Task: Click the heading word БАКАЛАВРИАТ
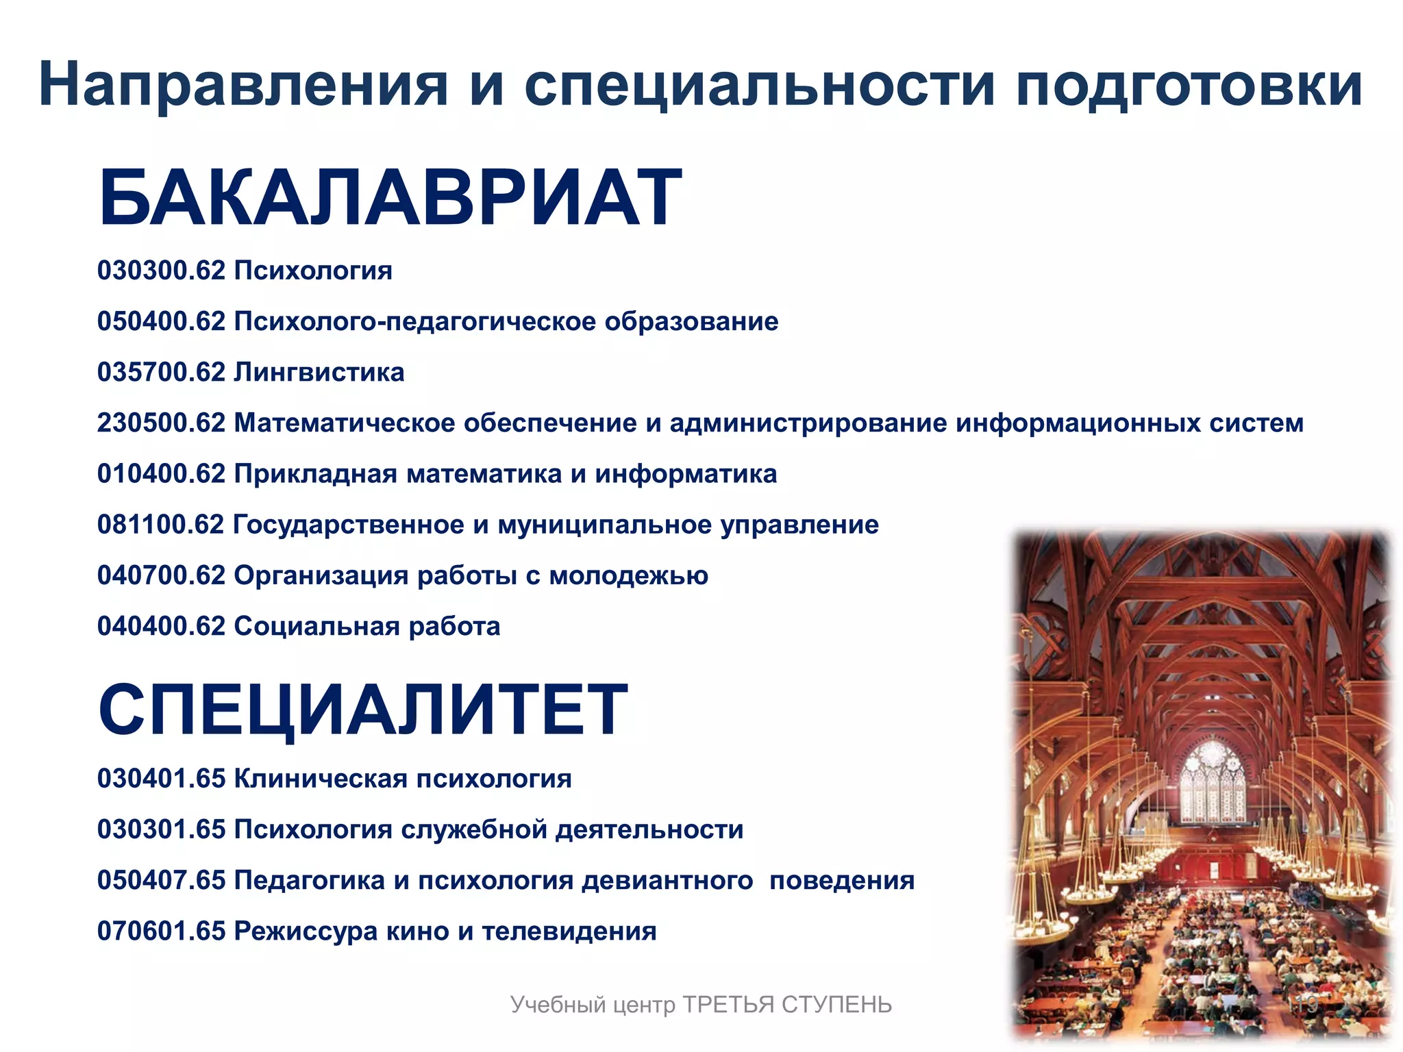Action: click(390, 198)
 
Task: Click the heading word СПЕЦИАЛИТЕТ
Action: click(362, 710)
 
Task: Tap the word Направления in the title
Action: click(244, 85)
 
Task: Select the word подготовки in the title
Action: click(1189, 85)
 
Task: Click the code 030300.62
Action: click(161, 271)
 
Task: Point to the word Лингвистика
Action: click(319, 373)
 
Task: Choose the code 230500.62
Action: click(161, 423)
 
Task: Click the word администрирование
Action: click(808, 423)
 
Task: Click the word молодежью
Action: click(628, 575)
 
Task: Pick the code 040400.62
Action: click(161, 626)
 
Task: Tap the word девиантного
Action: click(667, 880)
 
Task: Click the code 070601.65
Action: click(161, 931)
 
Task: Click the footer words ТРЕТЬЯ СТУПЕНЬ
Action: click(787, 1005)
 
